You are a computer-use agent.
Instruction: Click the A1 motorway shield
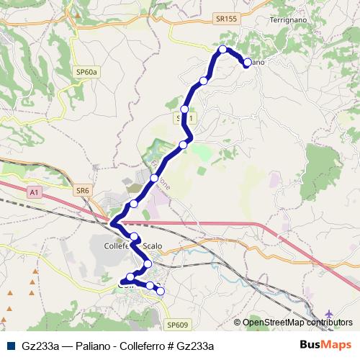click(34, 192)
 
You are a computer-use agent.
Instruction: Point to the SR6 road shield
click(84, 191)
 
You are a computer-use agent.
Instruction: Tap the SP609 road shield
click(177, 325)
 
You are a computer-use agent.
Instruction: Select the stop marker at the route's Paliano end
click(247, 63)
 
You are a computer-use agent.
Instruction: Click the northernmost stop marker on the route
click(223, 50)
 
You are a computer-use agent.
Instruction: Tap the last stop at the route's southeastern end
click(161, 291)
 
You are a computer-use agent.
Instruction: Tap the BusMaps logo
click(324, 345)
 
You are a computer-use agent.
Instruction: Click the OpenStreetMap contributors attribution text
click(297, 323)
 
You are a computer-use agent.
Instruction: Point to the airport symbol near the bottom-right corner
click(330, 315)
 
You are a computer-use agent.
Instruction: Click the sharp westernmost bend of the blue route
click(112, 223)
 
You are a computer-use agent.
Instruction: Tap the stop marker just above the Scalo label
click(134, 236)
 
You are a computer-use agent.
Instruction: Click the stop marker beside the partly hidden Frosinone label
click(154, 177)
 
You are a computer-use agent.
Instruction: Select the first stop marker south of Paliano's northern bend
click(204, 81)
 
